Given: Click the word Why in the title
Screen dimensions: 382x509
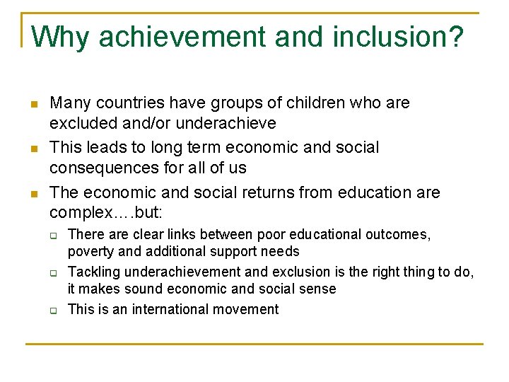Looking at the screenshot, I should (x=61, y=37).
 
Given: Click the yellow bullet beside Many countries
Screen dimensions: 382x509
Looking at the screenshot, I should (x=33, y=104).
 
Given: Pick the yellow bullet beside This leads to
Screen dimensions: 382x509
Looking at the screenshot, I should (x=33, y=149).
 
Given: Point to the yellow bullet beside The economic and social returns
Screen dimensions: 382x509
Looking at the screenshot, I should (x=33, y=193).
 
